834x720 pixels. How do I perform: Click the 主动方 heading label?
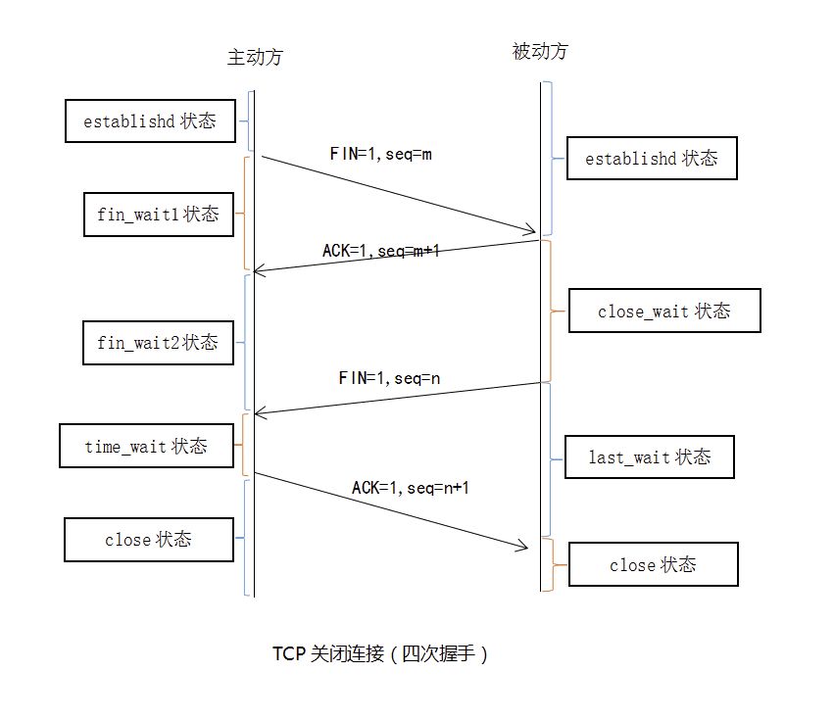point(255,57)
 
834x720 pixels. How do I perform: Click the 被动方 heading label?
point(540,52)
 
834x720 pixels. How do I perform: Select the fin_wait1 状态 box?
point(157,214)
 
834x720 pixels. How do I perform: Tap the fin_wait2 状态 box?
point(157,343)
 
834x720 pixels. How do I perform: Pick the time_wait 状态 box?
point(146,446)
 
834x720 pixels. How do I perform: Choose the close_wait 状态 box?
point(663,312)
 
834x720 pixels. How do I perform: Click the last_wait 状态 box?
point(649,456)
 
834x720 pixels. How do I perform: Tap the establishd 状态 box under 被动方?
point(651,158)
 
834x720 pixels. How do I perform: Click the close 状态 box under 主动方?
point(148,539)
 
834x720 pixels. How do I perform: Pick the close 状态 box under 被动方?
point(652,564)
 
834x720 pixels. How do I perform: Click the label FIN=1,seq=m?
point(381,154)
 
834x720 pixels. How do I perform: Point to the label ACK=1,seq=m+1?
point(381,251)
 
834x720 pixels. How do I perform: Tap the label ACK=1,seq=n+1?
point(417,487)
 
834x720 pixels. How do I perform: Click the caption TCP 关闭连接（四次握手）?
point(380,653)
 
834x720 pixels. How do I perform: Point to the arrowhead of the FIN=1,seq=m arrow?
point(533,232)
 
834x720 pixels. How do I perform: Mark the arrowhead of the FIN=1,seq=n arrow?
point(260,412)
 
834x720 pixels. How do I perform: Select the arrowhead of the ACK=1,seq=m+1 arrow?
point(260,269)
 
